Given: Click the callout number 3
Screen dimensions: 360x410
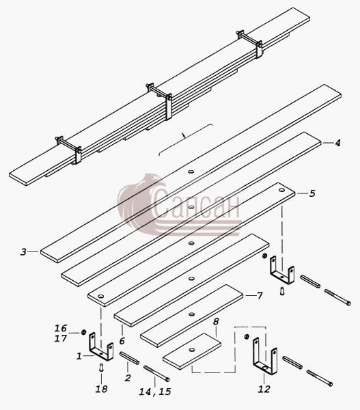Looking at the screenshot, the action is coord(23,251).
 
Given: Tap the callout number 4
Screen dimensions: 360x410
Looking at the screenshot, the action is coord(337,143).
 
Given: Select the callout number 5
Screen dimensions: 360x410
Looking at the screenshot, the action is coord(312,193).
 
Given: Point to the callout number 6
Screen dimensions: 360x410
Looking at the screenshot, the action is coord(122,341).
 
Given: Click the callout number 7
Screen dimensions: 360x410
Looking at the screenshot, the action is coord(260,296).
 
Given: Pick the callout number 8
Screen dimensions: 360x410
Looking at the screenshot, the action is coord(216,322).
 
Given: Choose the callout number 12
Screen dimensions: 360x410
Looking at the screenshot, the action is coord(264,389).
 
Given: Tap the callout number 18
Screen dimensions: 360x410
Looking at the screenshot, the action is coord(101,389).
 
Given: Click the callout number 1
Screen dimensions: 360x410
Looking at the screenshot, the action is coord(79,356).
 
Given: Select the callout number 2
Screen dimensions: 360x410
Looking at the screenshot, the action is coord(128,378).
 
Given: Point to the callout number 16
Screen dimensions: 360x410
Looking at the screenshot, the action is coord(61,328).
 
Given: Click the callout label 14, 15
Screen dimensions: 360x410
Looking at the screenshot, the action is coord(155,392).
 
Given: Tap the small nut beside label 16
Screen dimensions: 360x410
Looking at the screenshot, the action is coord(83,332).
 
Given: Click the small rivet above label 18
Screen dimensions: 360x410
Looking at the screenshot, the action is coord(101,368).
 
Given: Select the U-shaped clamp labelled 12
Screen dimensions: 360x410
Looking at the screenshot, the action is coord(264,356).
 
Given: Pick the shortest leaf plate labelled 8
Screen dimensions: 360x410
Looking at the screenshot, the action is coord(192,351).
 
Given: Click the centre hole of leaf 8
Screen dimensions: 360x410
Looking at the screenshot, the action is coord(192,350).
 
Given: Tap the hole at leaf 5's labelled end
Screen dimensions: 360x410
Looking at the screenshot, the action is coord(281,190).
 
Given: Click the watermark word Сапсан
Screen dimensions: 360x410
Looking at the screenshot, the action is coord(196,203).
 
